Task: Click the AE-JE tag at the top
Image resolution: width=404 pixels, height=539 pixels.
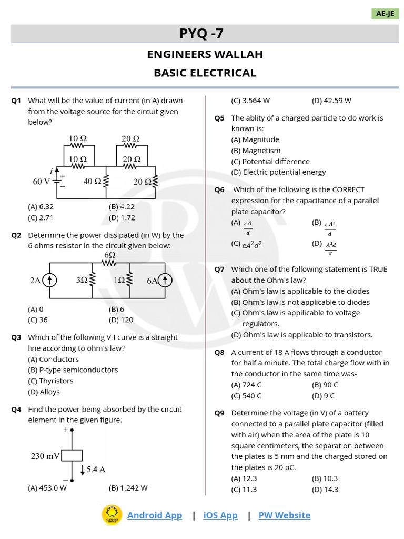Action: pos(385,14)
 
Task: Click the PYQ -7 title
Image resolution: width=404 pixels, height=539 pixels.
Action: pos(201,34)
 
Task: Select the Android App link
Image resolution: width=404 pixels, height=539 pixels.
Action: pos(155,515)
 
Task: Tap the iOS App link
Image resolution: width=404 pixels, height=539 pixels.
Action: pos(220,515)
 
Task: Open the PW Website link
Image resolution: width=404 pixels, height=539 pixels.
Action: pos(284,515)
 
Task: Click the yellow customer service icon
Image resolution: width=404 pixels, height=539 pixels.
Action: pos(112,515)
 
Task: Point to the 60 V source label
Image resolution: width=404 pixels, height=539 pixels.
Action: pos(41,182)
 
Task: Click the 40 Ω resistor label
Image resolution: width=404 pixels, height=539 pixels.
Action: pos(92,182)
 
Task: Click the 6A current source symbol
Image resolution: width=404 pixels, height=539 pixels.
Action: pos(165,281)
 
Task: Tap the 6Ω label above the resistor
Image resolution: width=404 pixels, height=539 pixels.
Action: pos(109,255)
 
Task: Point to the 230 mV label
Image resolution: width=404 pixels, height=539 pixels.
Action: pos(45,456)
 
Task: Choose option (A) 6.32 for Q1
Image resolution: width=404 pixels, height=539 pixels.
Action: pos(41,207)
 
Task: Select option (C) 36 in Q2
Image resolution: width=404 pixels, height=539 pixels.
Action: pos(38,320)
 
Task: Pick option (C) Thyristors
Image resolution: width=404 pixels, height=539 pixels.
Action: pos(50,381)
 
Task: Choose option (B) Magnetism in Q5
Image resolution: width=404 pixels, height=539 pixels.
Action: pos(256,151)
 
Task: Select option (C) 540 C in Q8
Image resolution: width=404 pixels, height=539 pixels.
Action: pos(246,396)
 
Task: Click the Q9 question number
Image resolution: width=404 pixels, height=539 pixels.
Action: pos(219,413)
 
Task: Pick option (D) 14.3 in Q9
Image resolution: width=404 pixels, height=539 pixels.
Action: pos(325,490)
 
